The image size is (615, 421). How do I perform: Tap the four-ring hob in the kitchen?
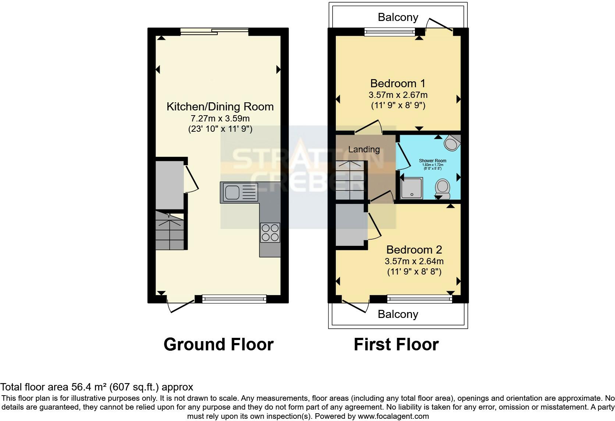270,233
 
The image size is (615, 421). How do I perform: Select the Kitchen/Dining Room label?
220,107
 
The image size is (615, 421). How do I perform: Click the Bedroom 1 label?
398,83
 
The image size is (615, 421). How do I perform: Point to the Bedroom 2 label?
414,250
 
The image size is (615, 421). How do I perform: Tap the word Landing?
364,149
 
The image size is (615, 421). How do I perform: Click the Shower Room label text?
433,161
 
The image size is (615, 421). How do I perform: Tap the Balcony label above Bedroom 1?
398,17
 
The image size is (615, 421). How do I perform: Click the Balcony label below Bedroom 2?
398,314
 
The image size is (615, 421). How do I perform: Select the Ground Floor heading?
218,344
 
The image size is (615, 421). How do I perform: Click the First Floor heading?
396,344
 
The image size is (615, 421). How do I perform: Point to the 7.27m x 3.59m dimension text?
220,118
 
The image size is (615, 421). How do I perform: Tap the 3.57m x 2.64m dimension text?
414,261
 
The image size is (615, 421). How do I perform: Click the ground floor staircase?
169,230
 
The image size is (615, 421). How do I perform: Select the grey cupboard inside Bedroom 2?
350,224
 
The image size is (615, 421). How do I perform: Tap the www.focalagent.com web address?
393,417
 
